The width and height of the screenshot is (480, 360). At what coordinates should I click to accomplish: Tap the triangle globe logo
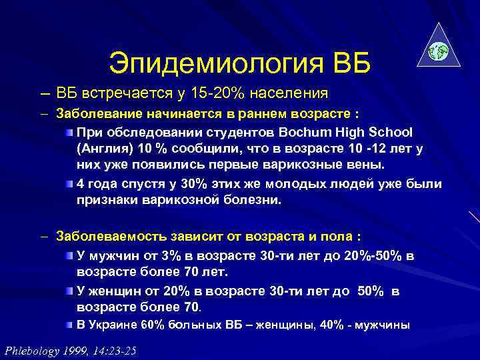(x=438, y=49)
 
